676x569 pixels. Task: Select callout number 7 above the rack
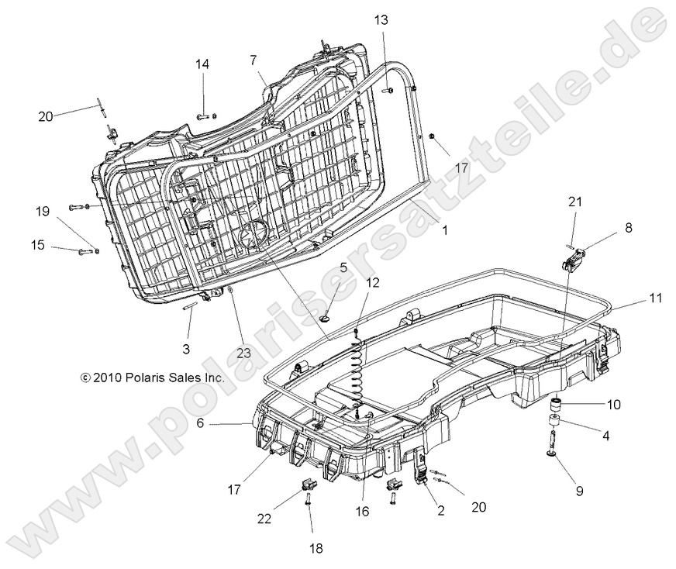253,60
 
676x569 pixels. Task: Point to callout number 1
444,230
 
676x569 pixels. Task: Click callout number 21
574,202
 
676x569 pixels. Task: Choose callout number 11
657,297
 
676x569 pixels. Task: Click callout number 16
362,511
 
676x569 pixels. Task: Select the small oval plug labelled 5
326,317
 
